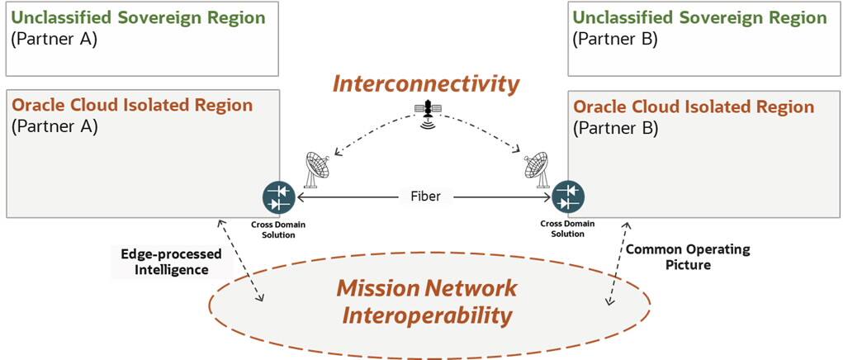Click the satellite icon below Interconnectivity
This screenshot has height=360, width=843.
tap(426, 114)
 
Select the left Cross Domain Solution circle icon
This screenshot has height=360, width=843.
tap(279, 198)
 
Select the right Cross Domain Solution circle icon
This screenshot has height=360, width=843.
tap(566, 198)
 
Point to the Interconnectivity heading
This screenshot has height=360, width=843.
tap(426, 83)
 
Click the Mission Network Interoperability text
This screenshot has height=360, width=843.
tap(426, 301)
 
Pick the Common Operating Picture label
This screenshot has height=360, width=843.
tap(676, 256)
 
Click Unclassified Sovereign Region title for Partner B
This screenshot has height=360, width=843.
tap(699, 17)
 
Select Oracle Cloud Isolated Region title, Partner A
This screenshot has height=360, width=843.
tap(132, 106)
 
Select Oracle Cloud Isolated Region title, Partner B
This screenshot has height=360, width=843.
tap(694, 107)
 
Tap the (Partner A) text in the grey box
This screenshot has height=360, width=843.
tap(54, 126)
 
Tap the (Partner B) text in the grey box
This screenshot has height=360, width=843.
tap(615, 128)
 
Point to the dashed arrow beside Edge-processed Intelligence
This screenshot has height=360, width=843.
tap(241, 261)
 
